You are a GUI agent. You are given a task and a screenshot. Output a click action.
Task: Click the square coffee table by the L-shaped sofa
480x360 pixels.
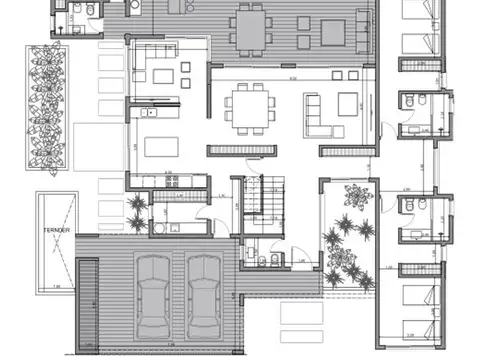tap(348, 103)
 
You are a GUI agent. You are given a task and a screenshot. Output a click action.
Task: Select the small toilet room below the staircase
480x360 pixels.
tap(261, 259)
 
